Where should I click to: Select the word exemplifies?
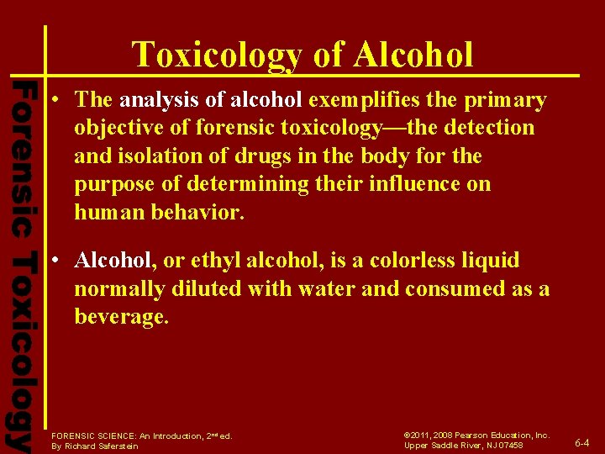364,101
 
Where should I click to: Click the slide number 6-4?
581,442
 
